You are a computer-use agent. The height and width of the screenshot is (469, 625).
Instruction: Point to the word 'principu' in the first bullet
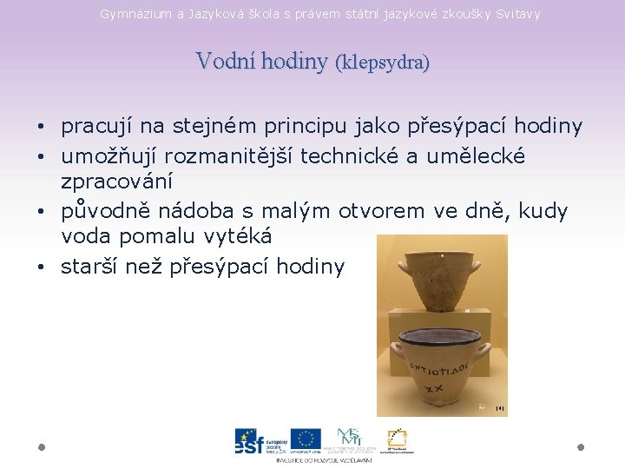point(306,127)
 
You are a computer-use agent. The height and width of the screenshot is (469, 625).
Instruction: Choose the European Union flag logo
point(306,439)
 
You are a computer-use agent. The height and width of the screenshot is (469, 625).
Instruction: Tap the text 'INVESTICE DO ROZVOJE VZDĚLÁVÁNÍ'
point(324,459)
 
